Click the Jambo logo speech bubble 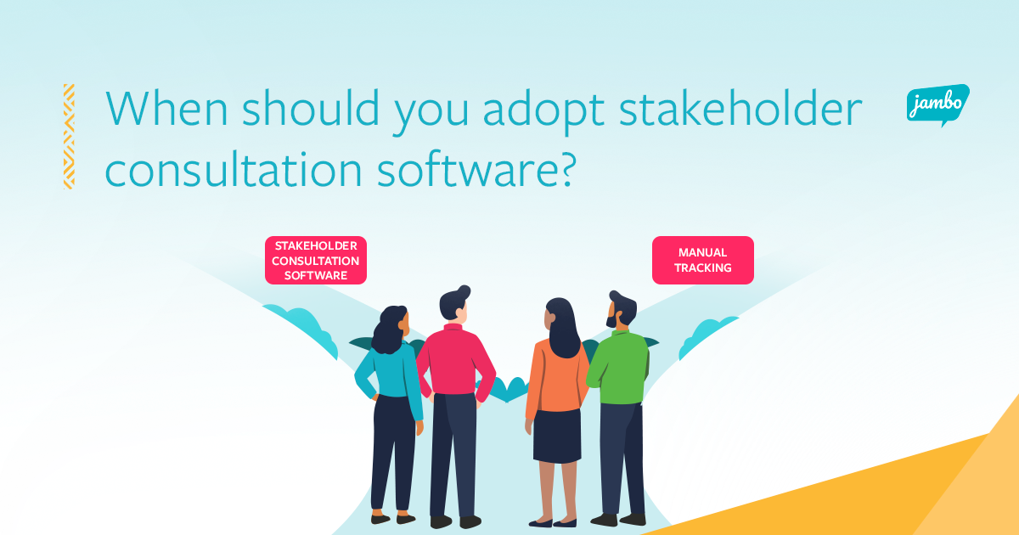pos(937,105)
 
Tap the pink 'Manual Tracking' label pos(702,260)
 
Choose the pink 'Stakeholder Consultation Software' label pos(315,260)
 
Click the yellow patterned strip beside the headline pos(69,136)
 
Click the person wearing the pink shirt pos(454,399)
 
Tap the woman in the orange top pos(557,399)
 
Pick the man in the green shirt pos(619,399)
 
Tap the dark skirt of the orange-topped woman pos(557,435)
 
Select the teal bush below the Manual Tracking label pos(708,336)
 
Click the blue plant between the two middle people pos(509,389)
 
